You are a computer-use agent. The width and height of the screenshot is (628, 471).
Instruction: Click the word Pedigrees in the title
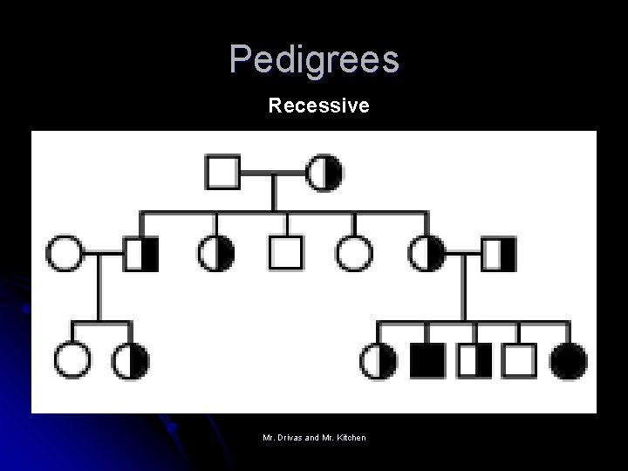point(314,59)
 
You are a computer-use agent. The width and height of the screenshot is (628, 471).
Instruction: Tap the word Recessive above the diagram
point(319,106)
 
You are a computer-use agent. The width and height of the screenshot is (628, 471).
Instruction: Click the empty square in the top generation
point(222,171)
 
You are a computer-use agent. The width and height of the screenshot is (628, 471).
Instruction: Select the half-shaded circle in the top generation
point(324,171)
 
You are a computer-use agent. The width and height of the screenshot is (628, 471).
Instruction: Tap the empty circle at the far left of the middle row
point(65,253)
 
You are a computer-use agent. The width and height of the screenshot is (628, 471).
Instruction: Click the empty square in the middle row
point(285,253)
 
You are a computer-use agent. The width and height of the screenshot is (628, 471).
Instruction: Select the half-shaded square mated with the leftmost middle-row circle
point(140,253)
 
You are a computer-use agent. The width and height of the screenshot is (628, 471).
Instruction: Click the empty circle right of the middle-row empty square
point(354,253)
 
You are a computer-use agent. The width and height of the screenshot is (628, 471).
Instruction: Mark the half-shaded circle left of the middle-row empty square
point(216,253)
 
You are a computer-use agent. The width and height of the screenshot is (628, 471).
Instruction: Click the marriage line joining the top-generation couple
point(274,172)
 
